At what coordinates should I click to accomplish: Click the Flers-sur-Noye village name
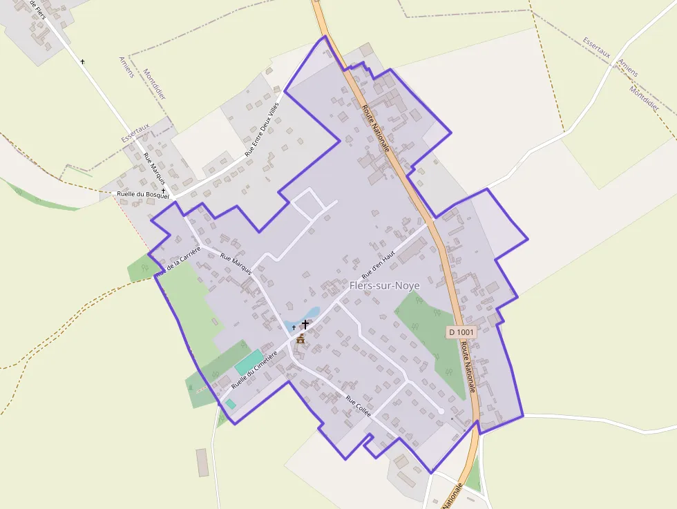tap(385, 286)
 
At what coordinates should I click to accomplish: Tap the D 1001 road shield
tap(461, 332)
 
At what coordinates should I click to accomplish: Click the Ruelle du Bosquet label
tap(142, 195)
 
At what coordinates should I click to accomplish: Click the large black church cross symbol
tap(305, 323)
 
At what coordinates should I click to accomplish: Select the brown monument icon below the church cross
tap(301, 338)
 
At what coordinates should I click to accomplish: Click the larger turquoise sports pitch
tap(248, 362)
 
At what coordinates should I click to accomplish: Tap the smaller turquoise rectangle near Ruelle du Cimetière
tap(231, 403)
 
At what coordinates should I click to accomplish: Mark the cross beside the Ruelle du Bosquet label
tap(164, 191)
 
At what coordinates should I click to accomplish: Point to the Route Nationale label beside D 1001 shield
tap(468, 369)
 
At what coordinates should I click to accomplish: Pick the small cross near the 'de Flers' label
tap(83, 61)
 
